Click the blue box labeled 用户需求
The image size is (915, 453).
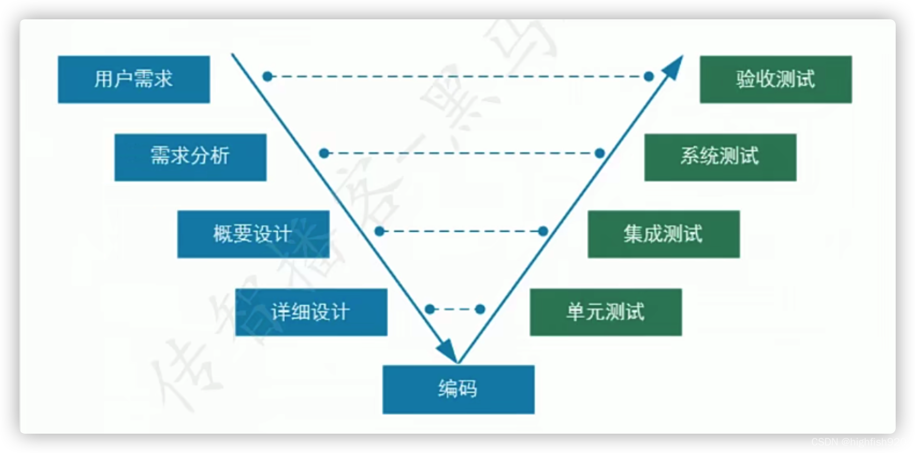click(134, 79)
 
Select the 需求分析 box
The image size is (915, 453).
click(190, 157)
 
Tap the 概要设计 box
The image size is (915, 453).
click(253, 234)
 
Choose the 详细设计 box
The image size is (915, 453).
click(311, 312)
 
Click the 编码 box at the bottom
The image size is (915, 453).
click(458, 389)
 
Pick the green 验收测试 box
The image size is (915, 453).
click(775, 79)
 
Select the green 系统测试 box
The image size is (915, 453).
click(720, 157)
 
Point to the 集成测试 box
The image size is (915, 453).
click(663, 234)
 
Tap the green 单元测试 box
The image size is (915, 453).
click(606, 312)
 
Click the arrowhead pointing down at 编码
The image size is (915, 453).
click(447, 350)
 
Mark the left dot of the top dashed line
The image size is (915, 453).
click(267, 77)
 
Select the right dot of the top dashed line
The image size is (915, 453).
click(649, 77)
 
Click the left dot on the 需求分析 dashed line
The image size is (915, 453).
click(324, 154)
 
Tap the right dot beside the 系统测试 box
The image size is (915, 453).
click(600, 154)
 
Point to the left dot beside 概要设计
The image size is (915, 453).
click(380, 231)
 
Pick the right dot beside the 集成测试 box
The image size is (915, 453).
click(543, 231)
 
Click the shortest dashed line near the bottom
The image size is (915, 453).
click(455, 309)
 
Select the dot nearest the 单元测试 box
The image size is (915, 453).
click(480, 309)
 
